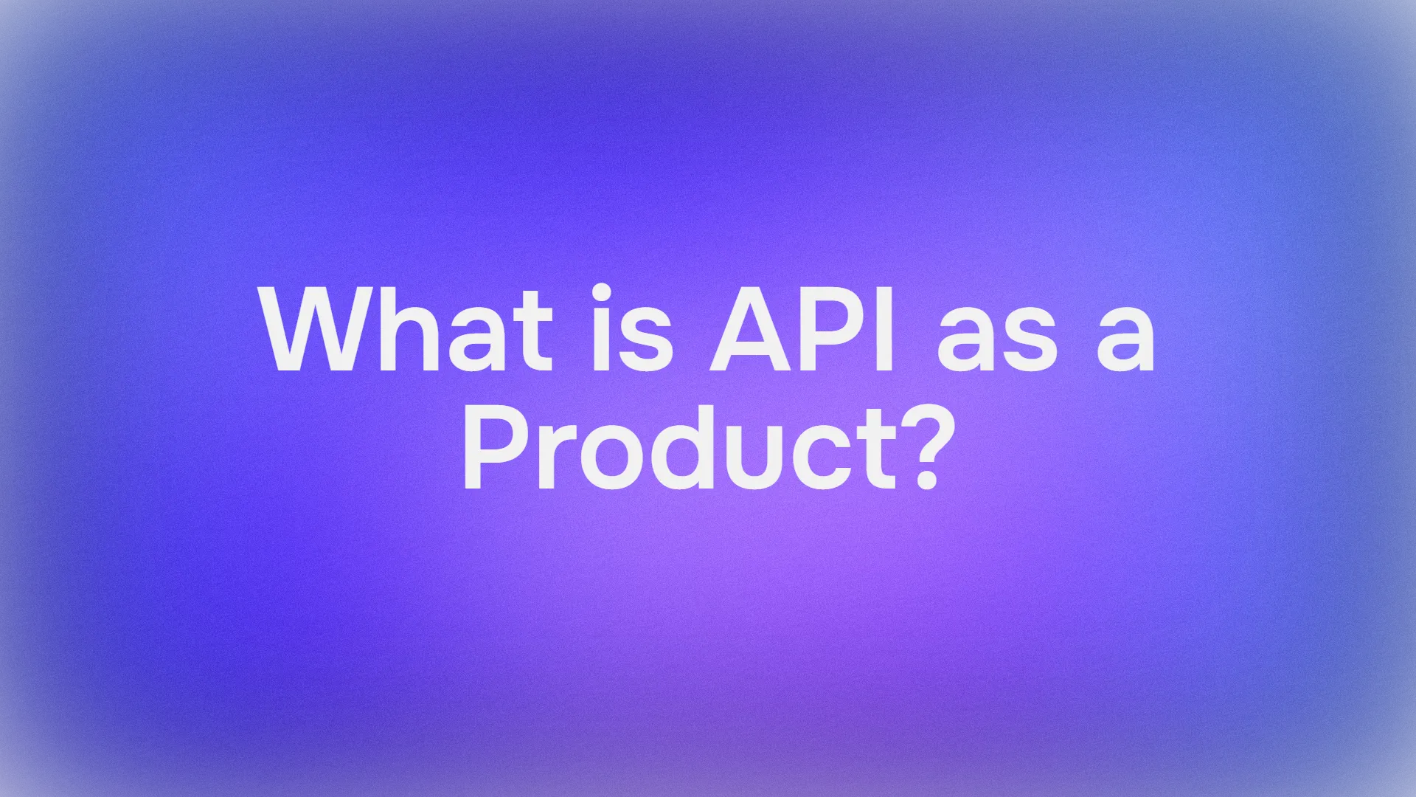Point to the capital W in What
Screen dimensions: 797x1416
312,330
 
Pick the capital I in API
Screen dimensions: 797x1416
884,330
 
